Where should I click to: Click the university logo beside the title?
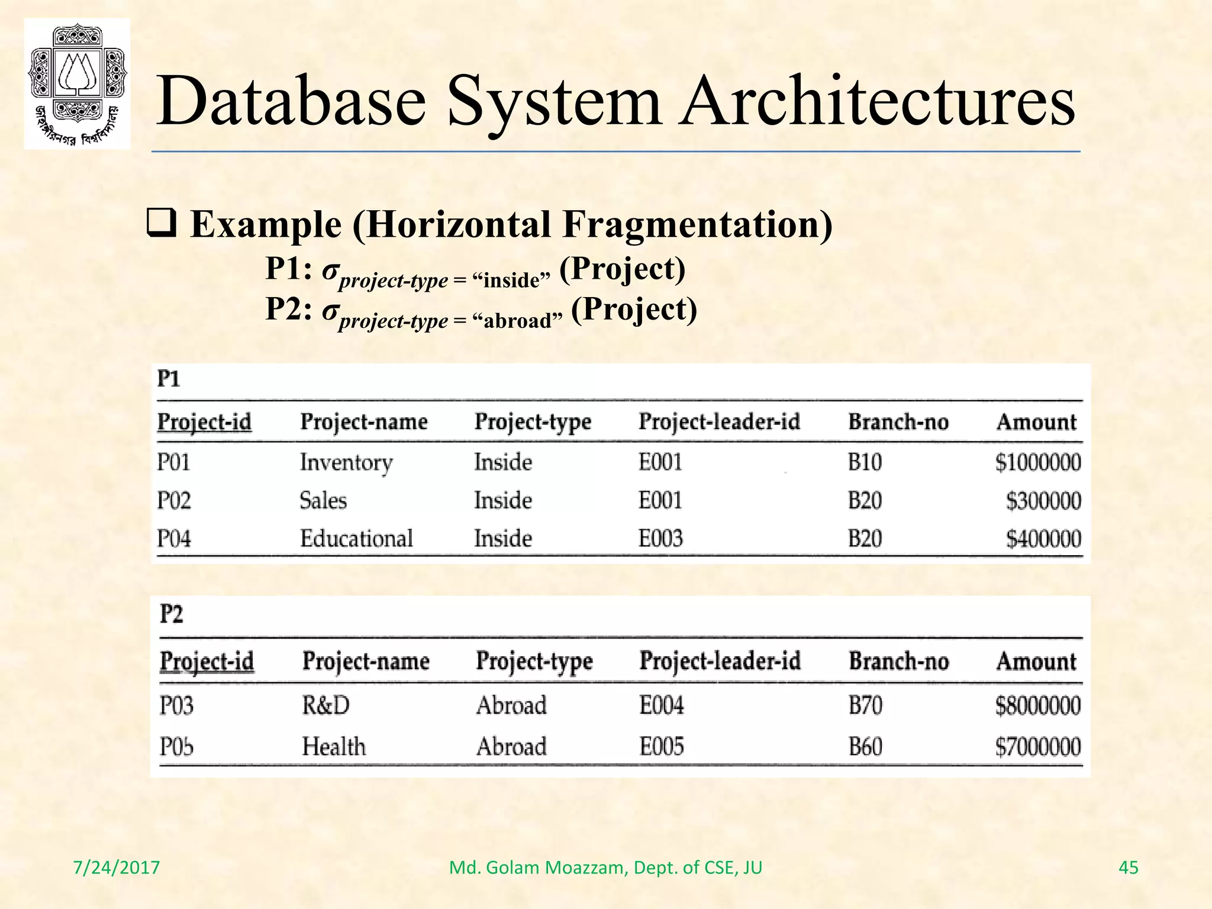(x=77, y=83)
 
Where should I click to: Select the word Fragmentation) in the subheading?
(x=697, y=225)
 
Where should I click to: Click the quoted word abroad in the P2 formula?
(x=517, y=321)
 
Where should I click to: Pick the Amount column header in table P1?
(x=1036, y=422)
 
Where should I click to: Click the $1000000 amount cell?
(x=1037, y=462)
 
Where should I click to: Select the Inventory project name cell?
(x=346, y=462)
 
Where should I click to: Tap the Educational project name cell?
(x=356, y=539)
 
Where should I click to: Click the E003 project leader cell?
(x=660, y=539)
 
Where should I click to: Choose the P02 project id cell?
(x=174, y=501)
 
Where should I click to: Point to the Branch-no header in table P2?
(x=898, y=661)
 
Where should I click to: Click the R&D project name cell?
(x=326, y=705)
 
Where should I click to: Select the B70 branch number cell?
(x=865, y=705)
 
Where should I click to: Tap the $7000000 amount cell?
(x=1037, y=747)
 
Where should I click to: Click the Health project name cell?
(x=334, y=747)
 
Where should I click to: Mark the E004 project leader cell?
(x=661, y=705)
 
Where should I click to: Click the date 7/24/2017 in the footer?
(x=117, y=868)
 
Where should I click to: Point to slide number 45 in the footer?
(x=1128, y=868)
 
